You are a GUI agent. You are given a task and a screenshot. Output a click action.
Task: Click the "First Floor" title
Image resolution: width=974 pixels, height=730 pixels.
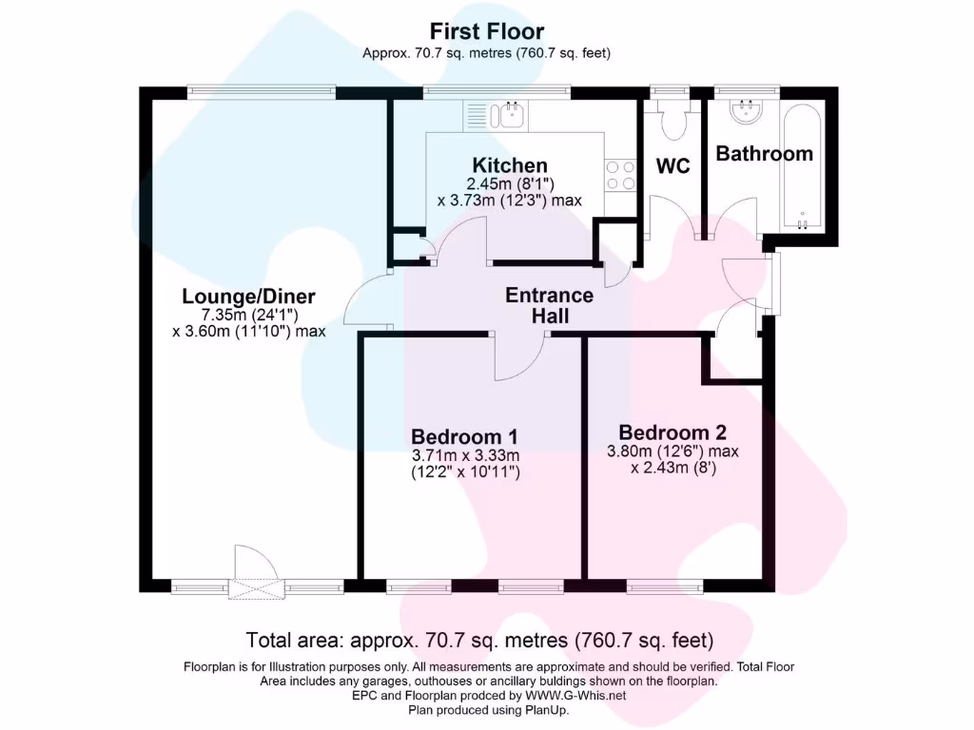tap(486, 31)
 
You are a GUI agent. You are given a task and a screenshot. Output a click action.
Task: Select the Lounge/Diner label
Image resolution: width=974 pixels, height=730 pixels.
tap(248, 297)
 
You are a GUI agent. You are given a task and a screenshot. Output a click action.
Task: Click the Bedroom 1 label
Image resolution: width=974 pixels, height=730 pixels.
tap(464, 436)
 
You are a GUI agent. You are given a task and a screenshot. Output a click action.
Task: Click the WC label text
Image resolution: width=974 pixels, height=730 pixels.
tap(672, 166)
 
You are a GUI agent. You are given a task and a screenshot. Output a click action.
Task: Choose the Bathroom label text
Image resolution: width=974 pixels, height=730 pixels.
tap(764, 153)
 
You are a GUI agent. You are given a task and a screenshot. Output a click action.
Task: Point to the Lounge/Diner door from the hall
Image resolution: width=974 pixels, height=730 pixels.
tap(366, 303)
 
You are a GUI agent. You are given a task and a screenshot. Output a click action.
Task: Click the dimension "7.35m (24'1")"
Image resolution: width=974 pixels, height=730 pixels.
tap(248, 315)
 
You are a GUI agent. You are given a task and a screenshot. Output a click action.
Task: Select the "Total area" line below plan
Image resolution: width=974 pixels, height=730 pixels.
tap(479, 640)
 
